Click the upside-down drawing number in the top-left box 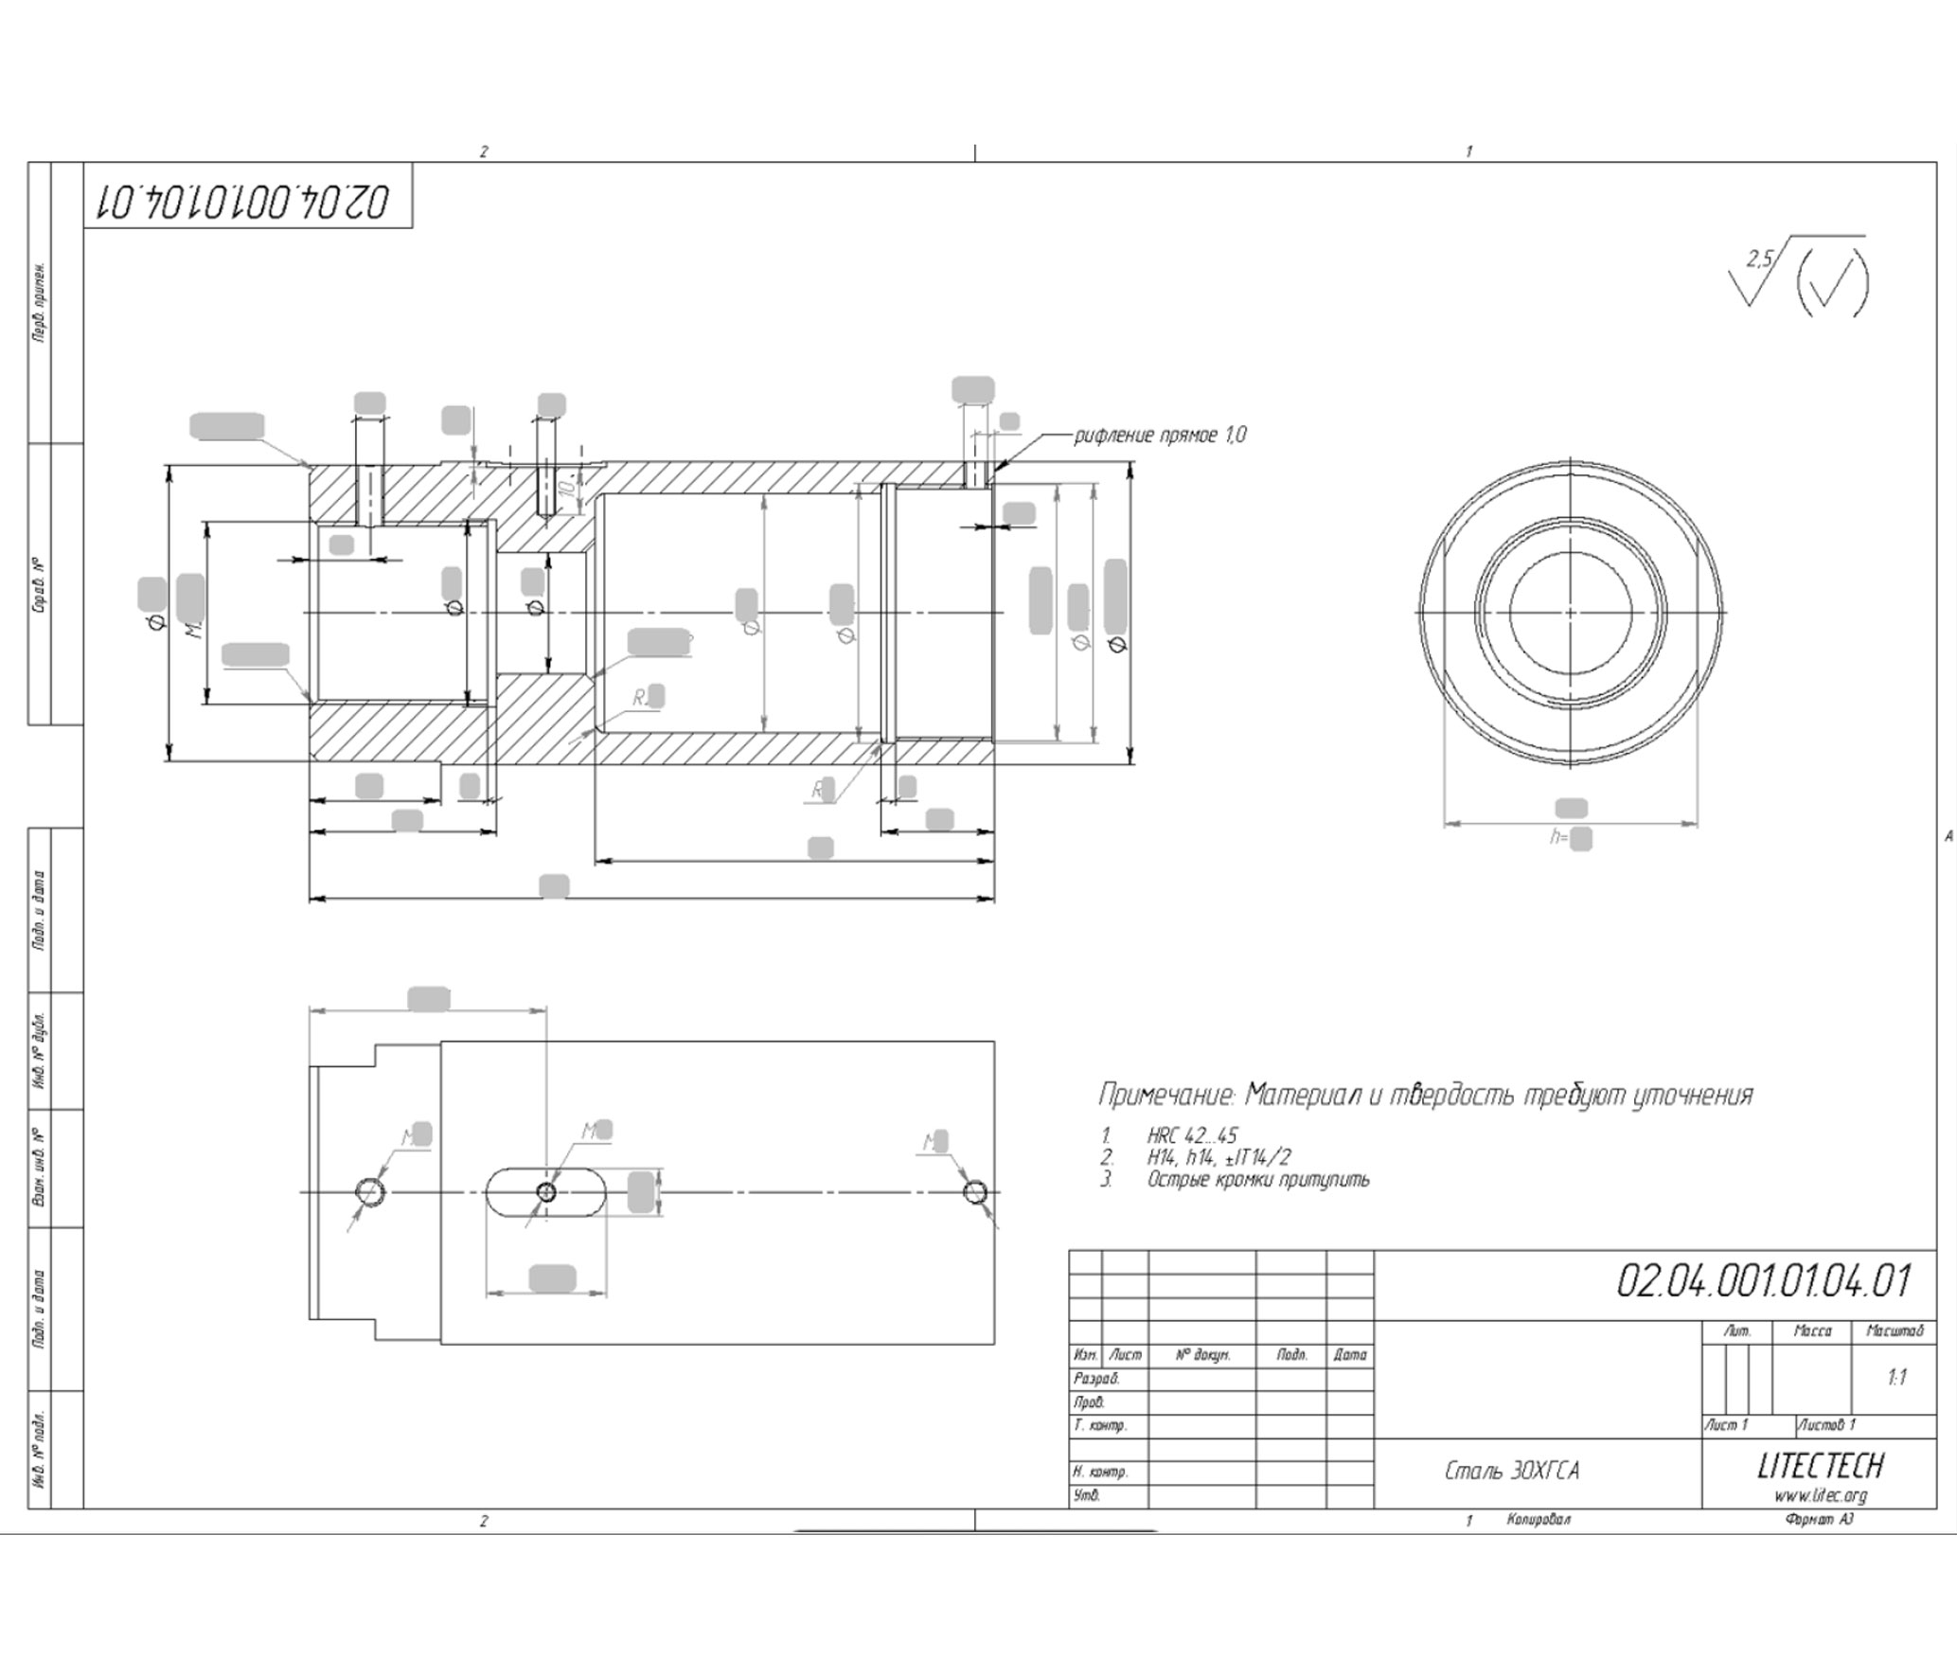(x=248, y=202)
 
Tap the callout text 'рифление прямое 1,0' (x=1160, y=435)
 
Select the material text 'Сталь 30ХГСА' (x=1511, y=1472)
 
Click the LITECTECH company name (x=1820, y=1466)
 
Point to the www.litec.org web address (x=1820, y=1496)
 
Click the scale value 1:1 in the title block (x=1895, y=1378)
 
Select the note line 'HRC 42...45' (x=1192, y=1135)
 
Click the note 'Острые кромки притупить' (x=1257, y=1180)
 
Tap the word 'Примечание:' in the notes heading (x=1165, y=1096)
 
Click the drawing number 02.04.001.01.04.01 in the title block (x=1763, y=1282)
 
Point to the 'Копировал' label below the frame (x=1539, y=1520)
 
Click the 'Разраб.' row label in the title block (x=1095, y=1379)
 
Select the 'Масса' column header (x=1812, y=1331)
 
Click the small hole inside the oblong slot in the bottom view (x=545, y=1192)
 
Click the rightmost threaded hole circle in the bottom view (x=975, y=1191)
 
